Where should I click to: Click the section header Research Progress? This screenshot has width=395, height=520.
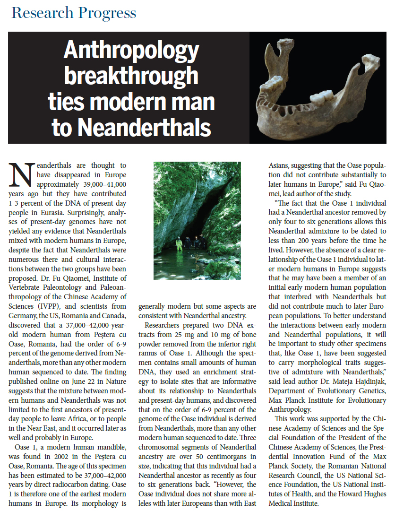(74, 13)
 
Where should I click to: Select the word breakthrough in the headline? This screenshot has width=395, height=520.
(131, 76)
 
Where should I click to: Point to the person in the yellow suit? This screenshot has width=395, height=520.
(179, 244)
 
